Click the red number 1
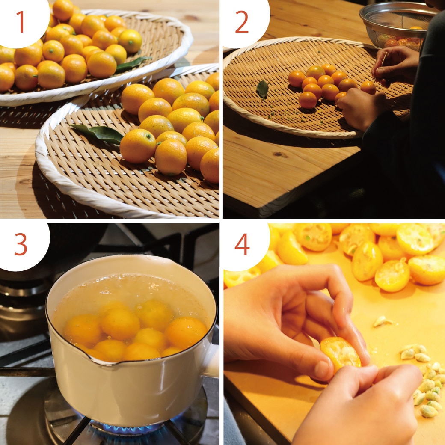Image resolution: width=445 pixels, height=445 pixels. click(20, 22)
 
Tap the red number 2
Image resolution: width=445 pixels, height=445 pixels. click(242, 22)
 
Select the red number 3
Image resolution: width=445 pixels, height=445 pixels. click(21, 244)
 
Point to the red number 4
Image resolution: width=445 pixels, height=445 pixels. click(242, 244)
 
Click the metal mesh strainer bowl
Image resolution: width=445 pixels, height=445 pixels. click(396, 26)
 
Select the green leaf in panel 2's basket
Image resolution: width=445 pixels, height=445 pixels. click(263, 89)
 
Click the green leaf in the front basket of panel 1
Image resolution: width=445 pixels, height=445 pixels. click(98, 133)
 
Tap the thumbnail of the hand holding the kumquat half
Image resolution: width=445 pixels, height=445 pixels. click(323, 368)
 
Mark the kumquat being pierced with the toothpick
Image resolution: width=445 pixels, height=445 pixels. click(368, 88)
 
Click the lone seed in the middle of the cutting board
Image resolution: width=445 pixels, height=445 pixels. click(382, 321)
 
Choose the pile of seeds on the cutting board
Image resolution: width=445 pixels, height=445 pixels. click(426, 380)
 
